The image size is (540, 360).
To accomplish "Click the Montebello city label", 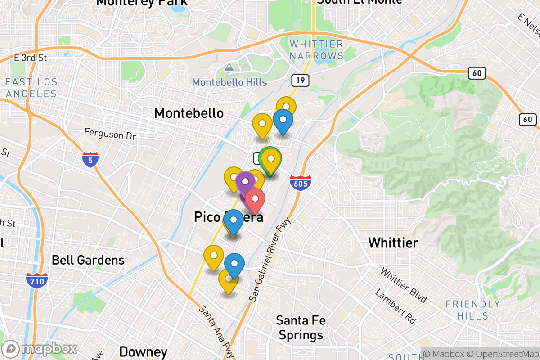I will click(189, 113).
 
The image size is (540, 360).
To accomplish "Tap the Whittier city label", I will click(393, 243).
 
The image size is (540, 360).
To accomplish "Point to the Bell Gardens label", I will click(88, 260).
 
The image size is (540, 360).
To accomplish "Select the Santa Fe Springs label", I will click(301, 328).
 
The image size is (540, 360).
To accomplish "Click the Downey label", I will click(144, 351).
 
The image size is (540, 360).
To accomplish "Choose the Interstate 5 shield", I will click(90, 160).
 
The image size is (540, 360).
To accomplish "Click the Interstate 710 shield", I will click(37, 280).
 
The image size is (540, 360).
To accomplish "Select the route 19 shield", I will click(299, 81).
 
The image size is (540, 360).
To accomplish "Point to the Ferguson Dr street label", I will click(110, 133).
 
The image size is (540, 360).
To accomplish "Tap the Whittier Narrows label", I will click(316, 50).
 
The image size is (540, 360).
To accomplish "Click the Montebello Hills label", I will click(229, 82).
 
